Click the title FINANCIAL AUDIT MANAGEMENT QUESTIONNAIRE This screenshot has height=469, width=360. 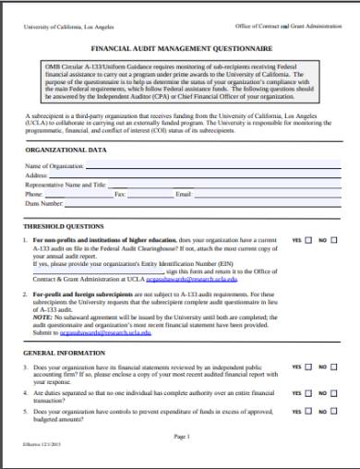point(179,45)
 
